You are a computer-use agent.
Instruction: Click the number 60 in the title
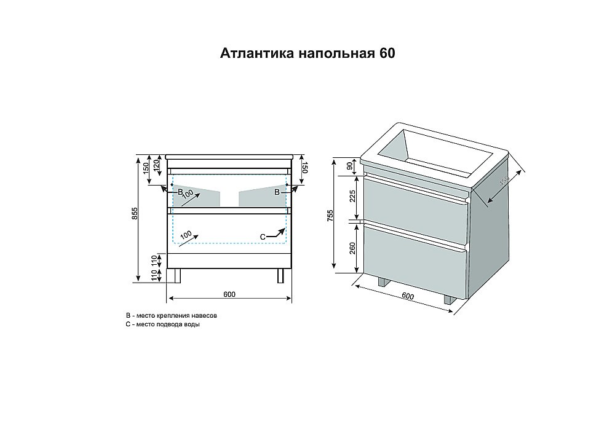pos(387,53)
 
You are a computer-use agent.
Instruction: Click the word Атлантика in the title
pos(257,53)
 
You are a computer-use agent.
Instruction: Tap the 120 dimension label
pos(157,165)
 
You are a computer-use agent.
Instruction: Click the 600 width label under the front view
pos(229,294)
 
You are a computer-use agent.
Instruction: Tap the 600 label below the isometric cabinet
pos(407,296)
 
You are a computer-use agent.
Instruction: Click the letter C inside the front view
pos(262,237)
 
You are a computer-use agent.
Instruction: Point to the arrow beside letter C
pos(278,232)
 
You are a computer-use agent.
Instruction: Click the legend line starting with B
pos(170,315)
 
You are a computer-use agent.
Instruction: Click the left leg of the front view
pos(178,275)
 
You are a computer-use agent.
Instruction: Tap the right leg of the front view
pos(281,275)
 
